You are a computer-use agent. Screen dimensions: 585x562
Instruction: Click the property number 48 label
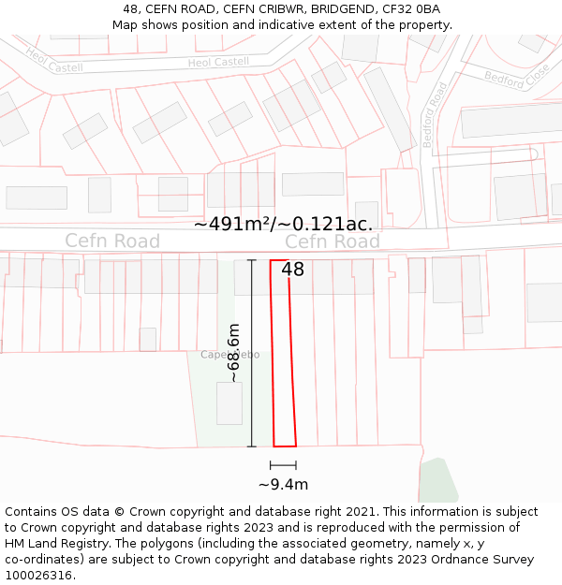pyautogui.click(x=292, y=270)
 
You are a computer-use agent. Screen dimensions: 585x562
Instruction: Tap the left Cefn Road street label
pyautogui.click(x=112, y=241)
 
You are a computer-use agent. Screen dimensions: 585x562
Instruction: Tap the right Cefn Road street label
pyautogui.click(x=333, y=241)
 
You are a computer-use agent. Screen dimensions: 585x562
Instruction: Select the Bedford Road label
pyautogui.click(x=435, y=114)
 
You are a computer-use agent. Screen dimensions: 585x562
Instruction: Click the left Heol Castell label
pyautogui.click(x=54, y=61)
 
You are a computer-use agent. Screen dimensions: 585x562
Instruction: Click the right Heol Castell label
pyautogui.click(x=218, y=63)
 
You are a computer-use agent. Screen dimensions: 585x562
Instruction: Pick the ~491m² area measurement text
pyautogui.click(x=283, y=224)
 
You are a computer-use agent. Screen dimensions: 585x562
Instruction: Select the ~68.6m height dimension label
pyautogui.click(x=234, y=353)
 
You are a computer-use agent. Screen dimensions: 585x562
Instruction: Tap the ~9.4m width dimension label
pyautogui.click(x=283, y=484)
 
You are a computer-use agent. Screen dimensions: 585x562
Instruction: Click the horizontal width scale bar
pyautogui.click(x=283, y=465)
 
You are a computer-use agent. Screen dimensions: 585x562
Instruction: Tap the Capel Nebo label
pyautogui.click(x=229, y=355)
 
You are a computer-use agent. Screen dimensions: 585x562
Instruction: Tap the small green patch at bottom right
pyautogui.click(x=437, y=482)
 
